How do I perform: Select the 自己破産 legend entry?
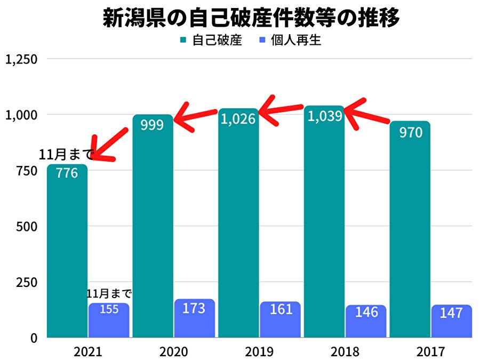(x=211, y=41)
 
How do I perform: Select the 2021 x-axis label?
(x=88, y=352)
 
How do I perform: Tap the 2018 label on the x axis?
(x=345, y=352)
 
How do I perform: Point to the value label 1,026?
(x=238, y=119)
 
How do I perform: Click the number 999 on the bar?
(x=153, y=125)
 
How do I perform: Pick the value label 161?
(x=280, y=309)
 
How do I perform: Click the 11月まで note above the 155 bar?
(x=109, y=293)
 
